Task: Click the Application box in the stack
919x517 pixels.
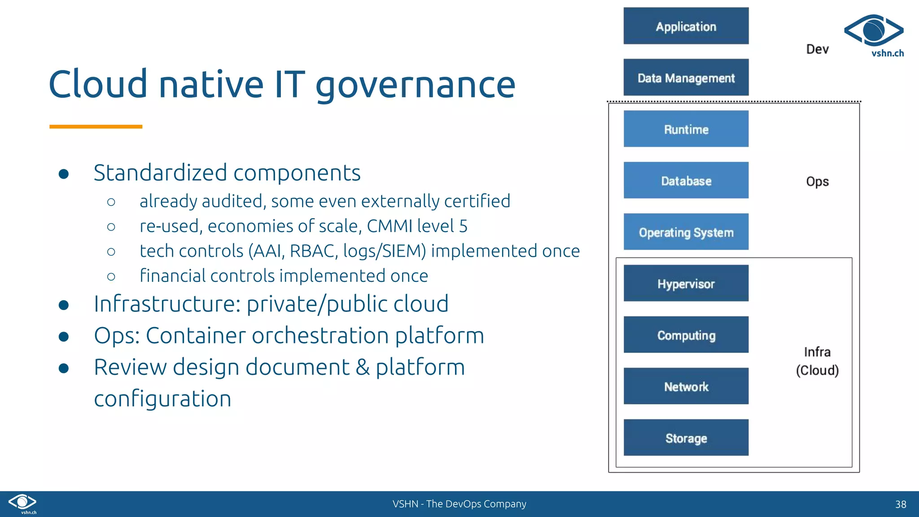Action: (686, 26)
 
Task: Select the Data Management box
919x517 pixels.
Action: (686, 78)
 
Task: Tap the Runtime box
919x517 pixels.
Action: (686, 129)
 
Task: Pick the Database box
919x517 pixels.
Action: (686, 180)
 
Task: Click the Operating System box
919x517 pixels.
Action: (686, 232)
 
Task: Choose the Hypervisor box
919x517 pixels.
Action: (686, 283)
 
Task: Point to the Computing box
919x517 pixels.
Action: (686, 335)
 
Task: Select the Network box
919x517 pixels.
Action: (686, 386)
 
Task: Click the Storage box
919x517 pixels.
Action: (686, 438)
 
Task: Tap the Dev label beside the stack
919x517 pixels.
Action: (817, 49)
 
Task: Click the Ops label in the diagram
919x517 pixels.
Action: (817, 181)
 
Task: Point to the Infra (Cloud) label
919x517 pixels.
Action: (817, 361)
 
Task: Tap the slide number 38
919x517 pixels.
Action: (900, 504)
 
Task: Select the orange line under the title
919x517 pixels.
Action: (96, 127)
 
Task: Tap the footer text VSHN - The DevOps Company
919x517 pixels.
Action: (459, 504)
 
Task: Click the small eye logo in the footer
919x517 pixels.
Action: (22, 503)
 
